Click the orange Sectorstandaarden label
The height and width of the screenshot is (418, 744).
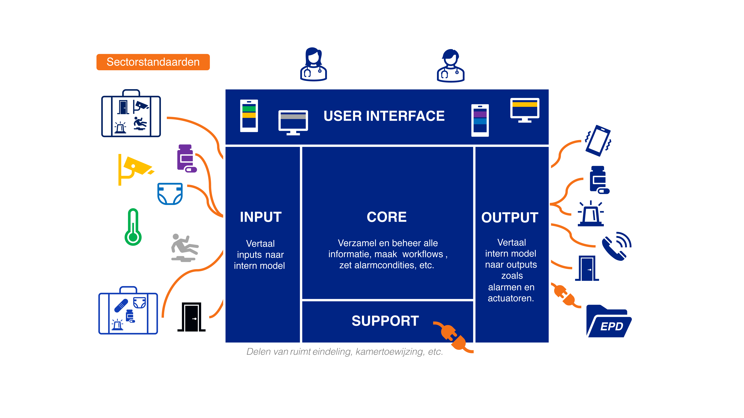[x=153, y=62]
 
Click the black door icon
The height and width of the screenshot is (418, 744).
[x=191, y=317]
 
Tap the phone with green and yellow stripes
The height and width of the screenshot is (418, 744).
[x=249, y=116]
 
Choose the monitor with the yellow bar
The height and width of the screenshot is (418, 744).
[x=525, y=110]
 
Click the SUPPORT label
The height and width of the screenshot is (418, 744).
[x=385, y=321]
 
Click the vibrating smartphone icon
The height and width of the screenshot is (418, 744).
[x=598, y=141]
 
